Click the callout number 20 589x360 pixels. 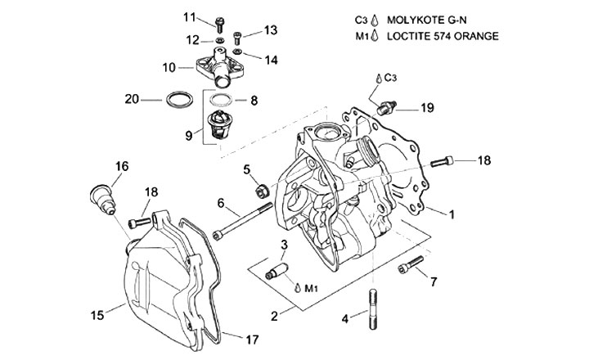pos(132,99)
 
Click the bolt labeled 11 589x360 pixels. pos(220,25)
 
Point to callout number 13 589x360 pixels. pos(271,29)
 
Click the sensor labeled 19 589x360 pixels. pos(386,107)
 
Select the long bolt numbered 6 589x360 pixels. pos(242,222)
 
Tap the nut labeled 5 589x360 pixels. pos(262,191)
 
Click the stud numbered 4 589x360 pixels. pos(373,309)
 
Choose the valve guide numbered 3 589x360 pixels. pos(277,271)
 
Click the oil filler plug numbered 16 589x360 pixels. pos(103,199)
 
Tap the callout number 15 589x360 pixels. pos(97,315)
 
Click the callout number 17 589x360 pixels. pos(252,340)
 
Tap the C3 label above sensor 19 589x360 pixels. pos(391,78)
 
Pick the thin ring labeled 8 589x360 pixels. pos(222,101)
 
